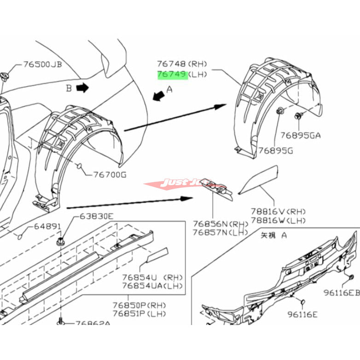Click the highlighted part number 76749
point(172,74)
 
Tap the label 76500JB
point(42,64)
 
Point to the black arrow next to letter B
point(82,87)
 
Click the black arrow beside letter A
point(159,96)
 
